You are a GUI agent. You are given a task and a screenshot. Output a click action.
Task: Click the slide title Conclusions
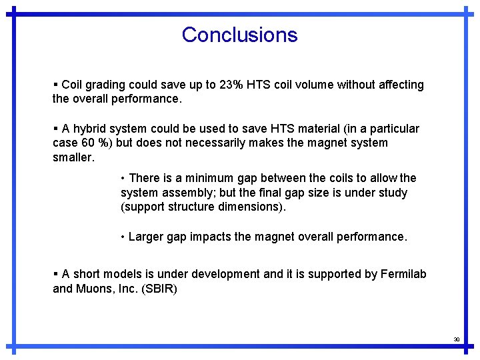click(239, 35)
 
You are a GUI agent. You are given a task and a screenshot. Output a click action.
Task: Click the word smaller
click(73, 157)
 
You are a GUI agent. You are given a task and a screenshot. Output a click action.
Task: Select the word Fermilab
click(403, 274)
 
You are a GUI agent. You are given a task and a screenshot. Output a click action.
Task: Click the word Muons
click(95, 289)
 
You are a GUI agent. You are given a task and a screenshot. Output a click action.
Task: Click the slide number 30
click(457, 339)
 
